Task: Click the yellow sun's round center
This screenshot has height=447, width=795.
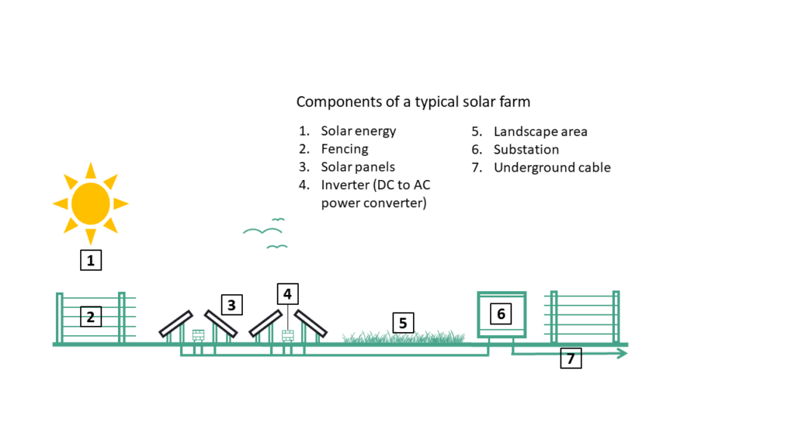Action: [x=91, y=203]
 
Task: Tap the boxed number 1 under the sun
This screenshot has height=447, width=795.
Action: [x=91, y=261]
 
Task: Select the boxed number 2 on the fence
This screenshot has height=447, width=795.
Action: [x=91, y=317]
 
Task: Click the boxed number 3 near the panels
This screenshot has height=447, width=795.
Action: [x=231, y=305]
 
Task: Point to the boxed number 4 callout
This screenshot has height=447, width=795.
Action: [x=287, y=294]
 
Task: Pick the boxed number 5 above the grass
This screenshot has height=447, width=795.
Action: [x=403, y=323]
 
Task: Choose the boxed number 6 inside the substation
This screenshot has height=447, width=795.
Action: [x=501, y=314]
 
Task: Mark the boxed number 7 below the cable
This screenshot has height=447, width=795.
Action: [x=571, y=359]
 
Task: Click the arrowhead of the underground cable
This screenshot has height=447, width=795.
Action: [x=623, y=354]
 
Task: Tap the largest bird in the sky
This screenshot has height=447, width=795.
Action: [x=260, y=230]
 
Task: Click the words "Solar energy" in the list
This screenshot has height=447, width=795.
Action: [x=358, y=131]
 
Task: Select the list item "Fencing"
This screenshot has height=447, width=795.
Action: [x=344, y=149]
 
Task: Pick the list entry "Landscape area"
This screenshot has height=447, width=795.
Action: [x=540, y=131]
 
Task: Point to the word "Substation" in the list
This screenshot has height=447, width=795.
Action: [x=526, y=149]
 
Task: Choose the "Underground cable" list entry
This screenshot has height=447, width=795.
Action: [x=552, y=167]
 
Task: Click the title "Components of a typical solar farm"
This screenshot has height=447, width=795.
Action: [x=413, y=102]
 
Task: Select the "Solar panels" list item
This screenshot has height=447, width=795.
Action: [x=358, y=167]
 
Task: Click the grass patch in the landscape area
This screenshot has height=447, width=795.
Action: [x=404, y=338]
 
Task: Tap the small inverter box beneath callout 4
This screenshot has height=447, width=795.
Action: [x=288, y=335]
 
